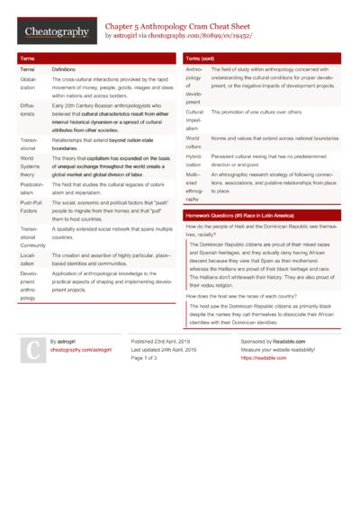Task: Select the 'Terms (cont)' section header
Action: coord(201,58)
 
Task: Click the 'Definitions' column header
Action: coord(64,69)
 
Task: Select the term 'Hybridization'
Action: coord(195,159)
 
